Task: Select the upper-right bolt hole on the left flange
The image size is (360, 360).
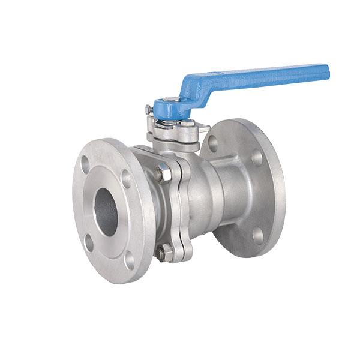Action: (x=127, y=178)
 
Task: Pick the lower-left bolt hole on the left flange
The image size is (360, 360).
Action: (x=89, y=242)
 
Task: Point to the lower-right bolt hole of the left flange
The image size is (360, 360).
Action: (x=130, y=260)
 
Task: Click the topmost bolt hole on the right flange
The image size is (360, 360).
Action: (x=213, y=143)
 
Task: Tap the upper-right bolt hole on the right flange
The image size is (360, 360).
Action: (x=257, y=158)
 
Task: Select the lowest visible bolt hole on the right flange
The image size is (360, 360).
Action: (x=258, y=236)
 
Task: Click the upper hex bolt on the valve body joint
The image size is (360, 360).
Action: (x=160, y=174)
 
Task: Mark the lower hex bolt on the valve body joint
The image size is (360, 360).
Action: (x=161, y=253)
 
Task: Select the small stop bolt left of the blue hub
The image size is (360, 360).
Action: (x=148, y=110)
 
